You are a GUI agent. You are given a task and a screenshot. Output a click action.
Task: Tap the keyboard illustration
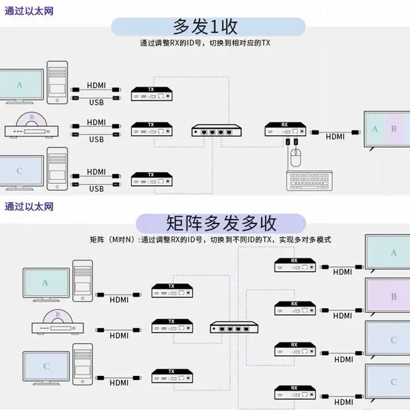point(310,181)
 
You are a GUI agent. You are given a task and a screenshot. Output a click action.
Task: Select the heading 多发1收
point(205,27)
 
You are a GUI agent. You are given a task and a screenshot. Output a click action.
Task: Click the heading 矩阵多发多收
point(221,223)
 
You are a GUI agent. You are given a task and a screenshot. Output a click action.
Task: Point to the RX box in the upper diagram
point(285,129)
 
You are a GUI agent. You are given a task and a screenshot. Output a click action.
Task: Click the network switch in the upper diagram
point(217,131)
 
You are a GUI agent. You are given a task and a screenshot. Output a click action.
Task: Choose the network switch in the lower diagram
point(234,327)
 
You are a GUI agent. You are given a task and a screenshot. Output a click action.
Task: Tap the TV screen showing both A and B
point(387,129)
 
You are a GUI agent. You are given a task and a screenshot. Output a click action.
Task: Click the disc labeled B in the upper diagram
point(31,120)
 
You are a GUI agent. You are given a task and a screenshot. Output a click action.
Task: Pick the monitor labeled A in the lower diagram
point(46,285)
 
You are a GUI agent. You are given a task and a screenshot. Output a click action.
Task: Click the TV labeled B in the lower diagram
point(387,297)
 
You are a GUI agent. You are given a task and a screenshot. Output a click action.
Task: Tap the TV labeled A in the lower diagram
point(387,253)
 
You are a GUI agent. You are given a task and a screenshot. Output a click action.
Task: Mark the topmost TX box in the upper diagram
point(152,94)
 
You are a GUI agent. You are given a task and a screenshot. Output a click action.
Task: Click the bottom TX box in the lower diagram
point(172,376)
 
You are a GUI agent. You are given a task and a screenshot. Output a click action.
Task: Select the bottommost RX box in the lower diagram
point(295,392)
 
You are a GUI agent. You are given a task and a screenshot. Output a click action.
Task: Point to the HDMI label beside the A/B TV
point(335,137)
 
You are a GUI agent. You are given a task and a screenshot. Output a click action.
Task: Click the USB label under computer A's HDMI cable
point(96,102)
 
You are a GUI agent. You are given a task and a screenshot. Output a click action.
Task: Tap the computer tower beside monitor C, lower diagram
point(83,364)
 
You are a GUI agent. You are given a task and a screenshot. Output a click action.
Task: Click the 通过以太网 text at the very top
point(29,11)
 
